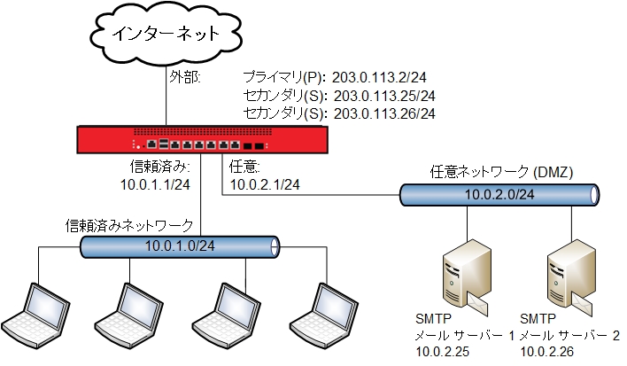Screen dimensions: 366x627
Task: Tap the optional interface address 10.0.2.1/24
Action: click(x=265, y=183)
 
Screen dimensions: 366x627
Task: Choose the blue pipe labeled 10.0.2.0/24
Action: click(x=497, y=194)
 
